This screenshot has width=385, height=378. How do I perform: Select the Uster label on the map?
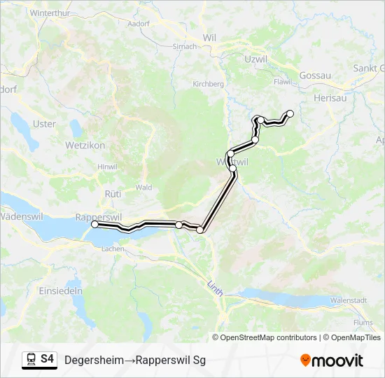45,124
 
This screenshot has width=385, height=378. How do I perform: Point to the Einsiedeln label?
61,290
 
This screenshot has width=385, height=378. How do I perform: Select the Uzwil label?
257,59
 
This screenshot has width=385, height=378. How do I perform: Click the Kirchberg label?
207,83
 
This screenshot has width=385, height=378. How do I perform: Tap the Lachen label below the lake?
113,248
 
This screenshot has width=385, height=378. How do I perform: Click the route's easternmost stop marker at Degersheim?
290,113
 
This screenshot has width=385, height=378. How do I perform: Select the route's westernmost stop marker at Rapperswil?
94,224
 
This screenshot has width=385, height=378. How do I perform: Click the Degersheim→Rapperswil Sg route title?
135,360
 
